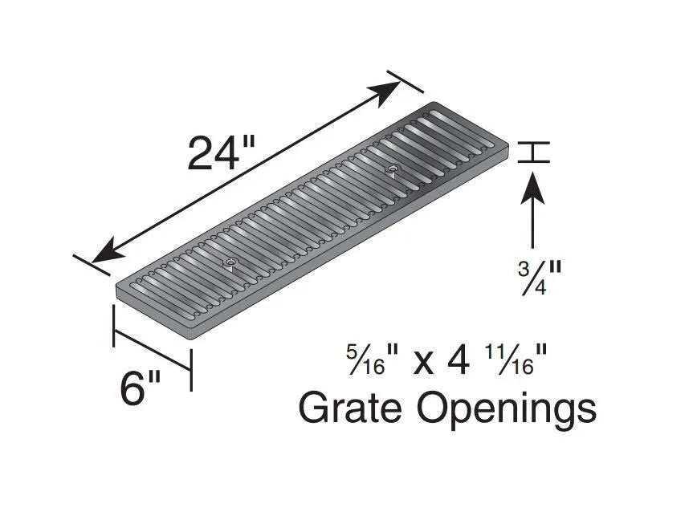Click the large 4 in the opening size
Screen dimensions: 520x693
pos(458,360)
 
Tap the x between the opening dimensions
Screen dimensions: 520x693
pos(423,363)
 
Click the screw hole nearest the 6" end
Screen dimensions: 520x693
pos(230,262)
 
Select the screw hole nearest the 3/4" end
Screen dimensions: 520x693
pos(392,169)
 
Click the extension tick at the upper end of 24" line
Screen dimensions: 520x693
pos(406,82)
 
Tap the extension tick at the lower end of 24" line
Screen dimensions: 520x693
pos(91,265)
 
